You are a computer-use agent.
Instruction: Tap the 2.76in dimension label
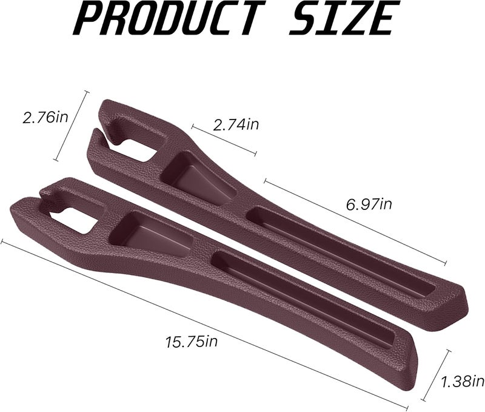click(45, 118)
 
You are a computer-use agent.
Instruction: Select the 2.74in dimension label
click(236, 124)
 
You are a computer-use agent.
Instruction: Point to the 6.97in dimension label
click(369, 204)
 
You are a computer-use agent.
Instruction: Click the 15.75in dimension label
click(192, 342)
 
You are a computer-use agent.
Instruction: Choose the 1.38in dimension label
click(462, 381)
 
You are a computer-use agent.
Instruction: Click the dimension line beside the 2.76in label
click(70, 126)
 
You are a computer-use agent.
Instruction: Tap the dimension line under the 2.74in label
click(224, 140)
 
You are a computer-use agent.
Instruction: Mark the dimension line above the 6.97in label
click(355, 221)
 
